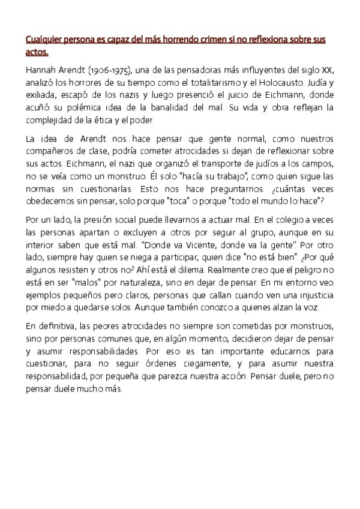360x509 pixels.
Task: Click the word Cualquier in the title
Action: (x=44, y=41)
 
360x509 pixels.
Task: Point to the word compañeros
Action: (x=50, y=151)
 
